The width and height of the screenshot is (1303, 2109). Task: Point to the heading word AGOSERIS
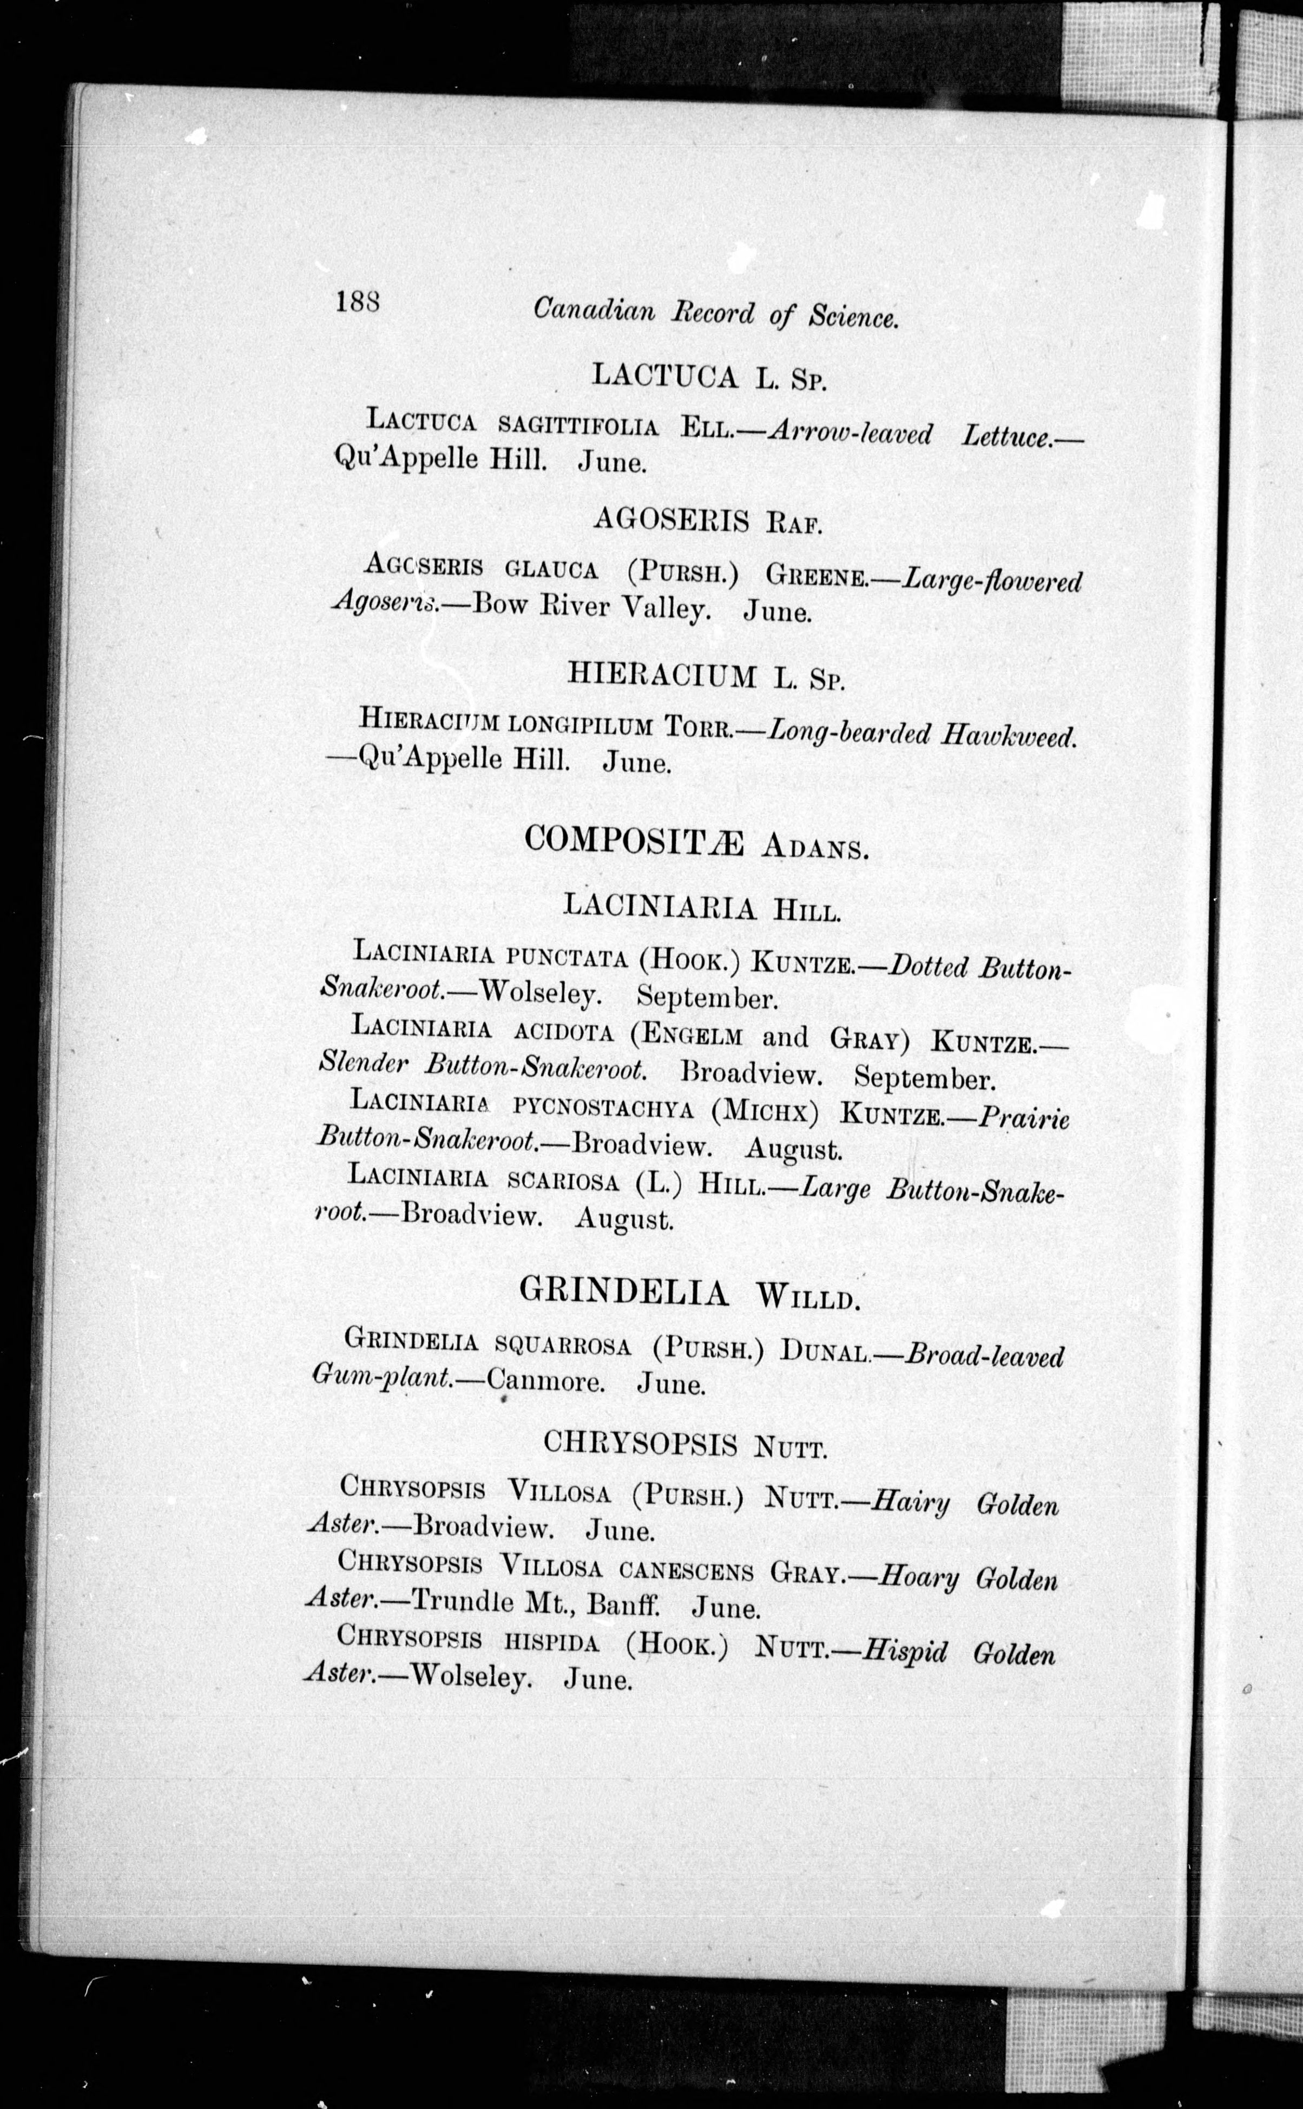[x=669, y=518]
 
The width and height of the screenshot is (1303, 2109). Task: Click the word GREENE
[x=816, y=575]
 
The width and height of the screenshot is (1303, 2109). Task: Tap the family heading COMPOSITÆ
[x=634, y=840]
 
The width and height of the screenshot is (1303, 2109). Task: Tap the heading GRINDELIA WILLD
[x=689, y=1293]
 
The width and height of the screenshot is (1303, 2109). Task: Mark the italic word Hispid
[x=905, y=1652]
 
